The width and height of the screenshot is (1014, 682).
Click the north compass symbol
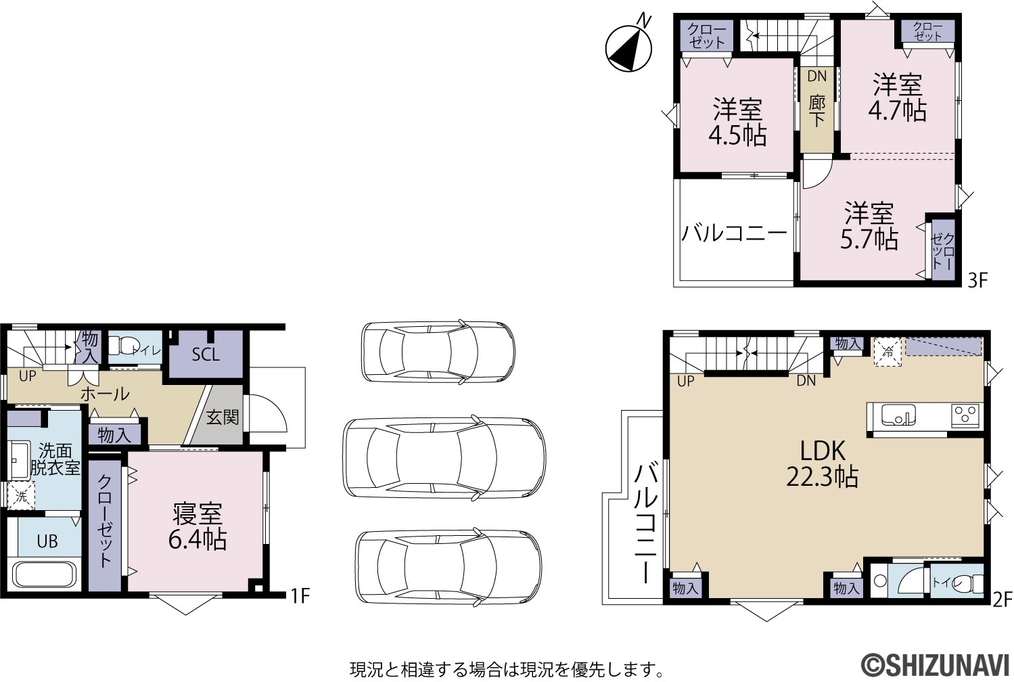[x=629, y=47]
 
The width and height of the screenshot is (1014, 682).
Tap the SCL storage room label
[x=206, y=354]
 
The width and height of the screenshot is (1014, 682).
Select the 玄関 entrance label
[x=223, y=417]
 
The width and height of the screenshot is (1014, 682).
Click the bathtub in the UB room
[x=44, y=574]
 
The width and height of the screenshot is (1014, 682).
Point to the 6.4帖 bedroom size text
[x=198, y=539]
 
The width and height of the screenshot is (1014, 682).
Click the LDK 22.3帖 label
[x=822, y=463]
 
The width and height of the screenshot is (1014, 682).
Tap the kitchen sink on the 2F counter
[x=898, y=415]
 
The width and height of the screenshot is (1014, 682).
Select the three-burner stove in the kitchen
[x=965, y=415]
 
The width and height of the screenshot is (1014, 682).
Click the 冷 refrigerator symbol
[x=888, y=352]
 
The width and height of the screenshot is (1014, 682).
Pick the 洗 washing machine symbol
[x=21, y=495]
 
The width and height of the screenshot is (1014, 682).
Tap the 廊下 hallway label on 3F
[x=817, y=112]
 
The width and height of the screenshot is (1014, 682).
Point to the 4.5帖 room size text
[x=737, y=135]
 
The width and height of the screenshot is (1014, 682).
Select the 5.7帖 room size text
[x=869, y=239]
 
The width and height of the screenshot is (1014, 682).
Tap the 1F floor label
[x=300, y=595]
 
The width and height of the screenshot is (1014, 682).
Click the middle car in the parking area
[x=444, y=458]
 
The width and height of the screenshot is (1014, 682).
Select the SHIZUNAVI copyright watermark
[x=936, y=666]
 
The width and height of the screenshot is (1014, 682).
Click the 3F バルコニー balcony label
[x=734, y=233]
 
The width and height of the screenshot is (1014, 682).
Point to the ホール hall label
[x=105, y=394]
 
